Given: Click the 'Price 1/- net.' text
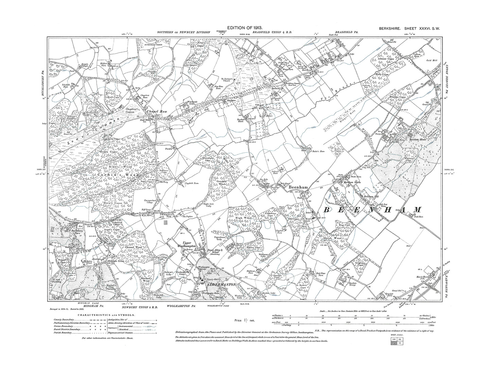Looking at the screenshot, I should (x=242, y=320).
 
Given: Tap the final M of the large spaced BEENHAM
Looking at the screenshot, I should (x=416, y=210).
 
